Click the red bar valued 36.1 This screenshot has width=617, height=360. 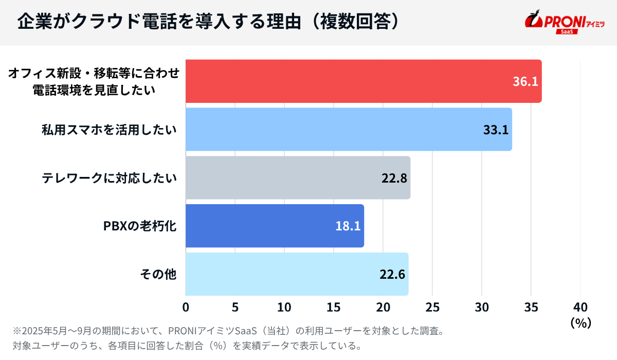360,81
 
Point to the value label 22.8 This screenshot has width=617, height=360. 394,178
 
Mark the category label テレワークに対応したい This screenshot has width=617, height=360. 109,178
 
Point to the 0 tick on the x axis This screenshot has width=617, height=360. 186,307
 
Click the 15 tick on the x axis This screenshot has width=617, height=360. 334,307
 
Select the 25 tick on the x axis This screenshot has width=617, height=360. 432,307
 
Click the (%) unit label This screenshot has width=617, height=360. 580,322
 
